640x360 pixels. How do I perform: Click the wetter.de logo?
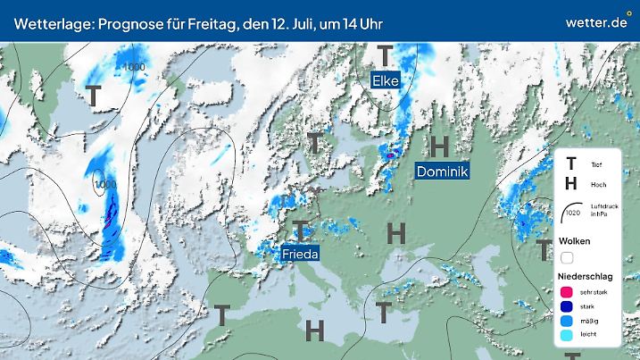click(x=596, y=21)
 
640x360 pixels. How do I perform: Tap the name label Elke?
click(x=385, y=81)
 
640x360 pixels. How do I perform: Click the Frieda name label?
click(x=300, y=255)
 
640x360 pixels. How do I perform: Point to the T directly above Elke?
click(x=385, y=55)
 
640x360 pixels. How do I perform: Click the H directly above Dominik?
click(x=439, y=146)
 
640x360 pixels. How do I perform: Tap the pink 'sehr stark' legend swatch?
click(x=568, y=291)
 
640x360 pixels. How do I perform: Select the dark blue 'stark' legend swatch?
click(x=568, y=306)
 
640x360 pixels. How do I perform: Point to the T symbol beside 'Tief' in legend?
click(x=571, y=164)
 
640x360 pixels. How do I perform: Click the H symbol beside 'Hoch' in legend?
click(x=571, y=185)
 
